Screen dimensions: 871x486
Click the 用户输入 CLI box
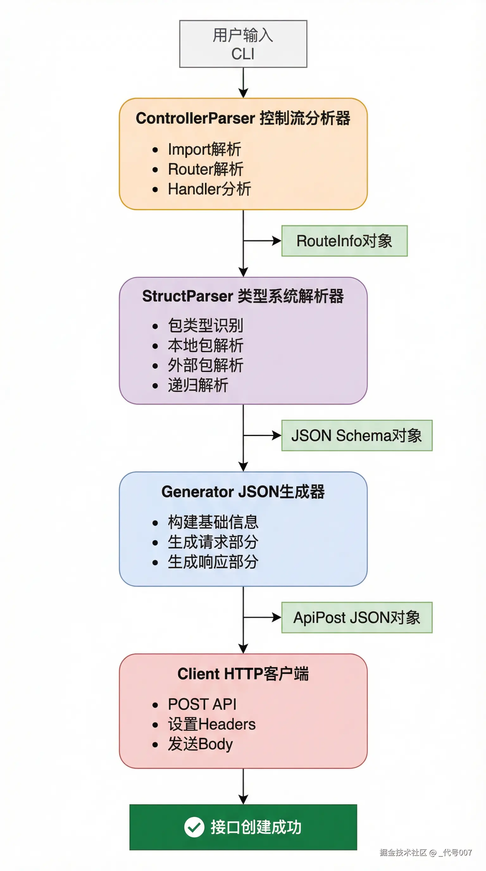243,44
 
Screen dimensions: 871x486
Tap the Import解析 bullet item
204,149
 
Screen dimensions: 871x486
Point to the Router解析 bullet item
205,169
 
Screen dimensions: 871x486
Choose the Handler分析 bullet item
209,189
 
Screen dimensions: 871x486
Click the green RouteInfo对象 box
344,241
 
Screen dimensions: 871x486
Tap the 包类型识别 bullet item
205,326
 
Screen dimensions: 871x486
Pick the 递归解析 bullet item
198,385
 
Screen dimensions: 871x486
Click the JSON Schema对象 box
357,435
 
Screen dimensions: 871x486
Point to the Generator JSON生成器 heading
243,492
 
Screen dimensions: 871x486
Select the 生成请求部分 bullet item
213,542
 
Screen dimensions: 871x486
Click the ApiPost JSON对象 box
357,617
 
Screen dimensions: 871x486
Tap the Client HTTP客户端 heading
243,674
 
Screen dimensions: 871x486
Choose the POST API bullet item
202,704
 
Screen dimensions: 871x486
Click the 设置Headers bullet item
212,724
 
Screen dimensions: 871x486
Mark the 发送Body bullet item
200,744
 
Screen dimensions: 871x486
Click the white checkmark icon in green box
194,827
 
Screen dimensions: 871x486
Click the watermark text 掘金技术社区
403,852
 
